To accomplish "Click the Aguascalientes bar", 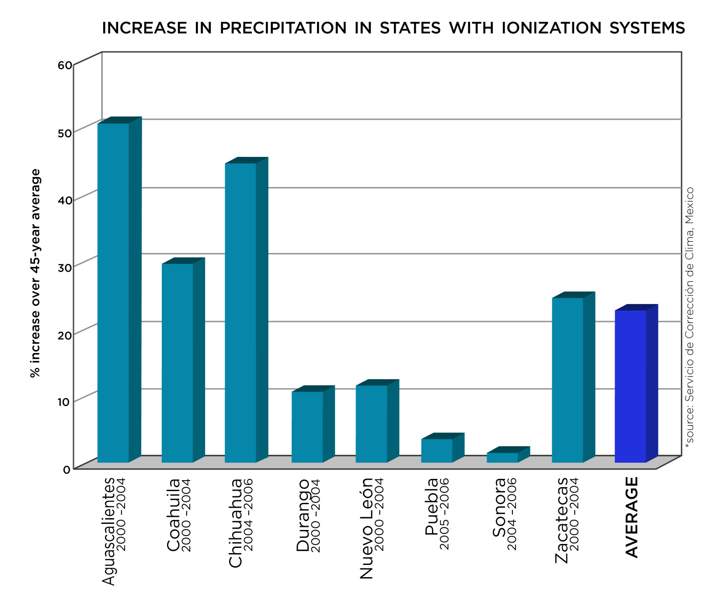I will (113, 293).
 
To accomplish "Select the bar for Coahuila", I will (177, 363).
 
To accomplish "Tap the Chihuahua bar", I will (240, 312).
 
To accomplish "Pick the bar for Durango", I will (307, 427).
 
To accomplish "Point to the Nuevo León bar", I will (372, 424).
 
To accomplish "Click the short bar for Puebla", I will (437, 450).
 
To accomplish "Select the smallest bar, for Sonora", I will (502, 457).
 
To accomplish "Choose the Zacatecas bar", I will (568, 380).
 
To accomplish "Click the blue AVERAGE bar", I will (630, 386).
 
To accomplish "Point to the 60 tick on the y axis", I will (65, 66).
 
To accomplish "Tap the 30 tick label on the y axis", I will (65, 267).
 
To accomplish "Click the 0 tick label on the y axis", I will (66, 470).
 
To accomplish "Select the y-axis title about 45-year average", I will (35, 273).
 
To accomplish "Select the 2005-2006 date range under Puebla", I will (444, 514).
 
